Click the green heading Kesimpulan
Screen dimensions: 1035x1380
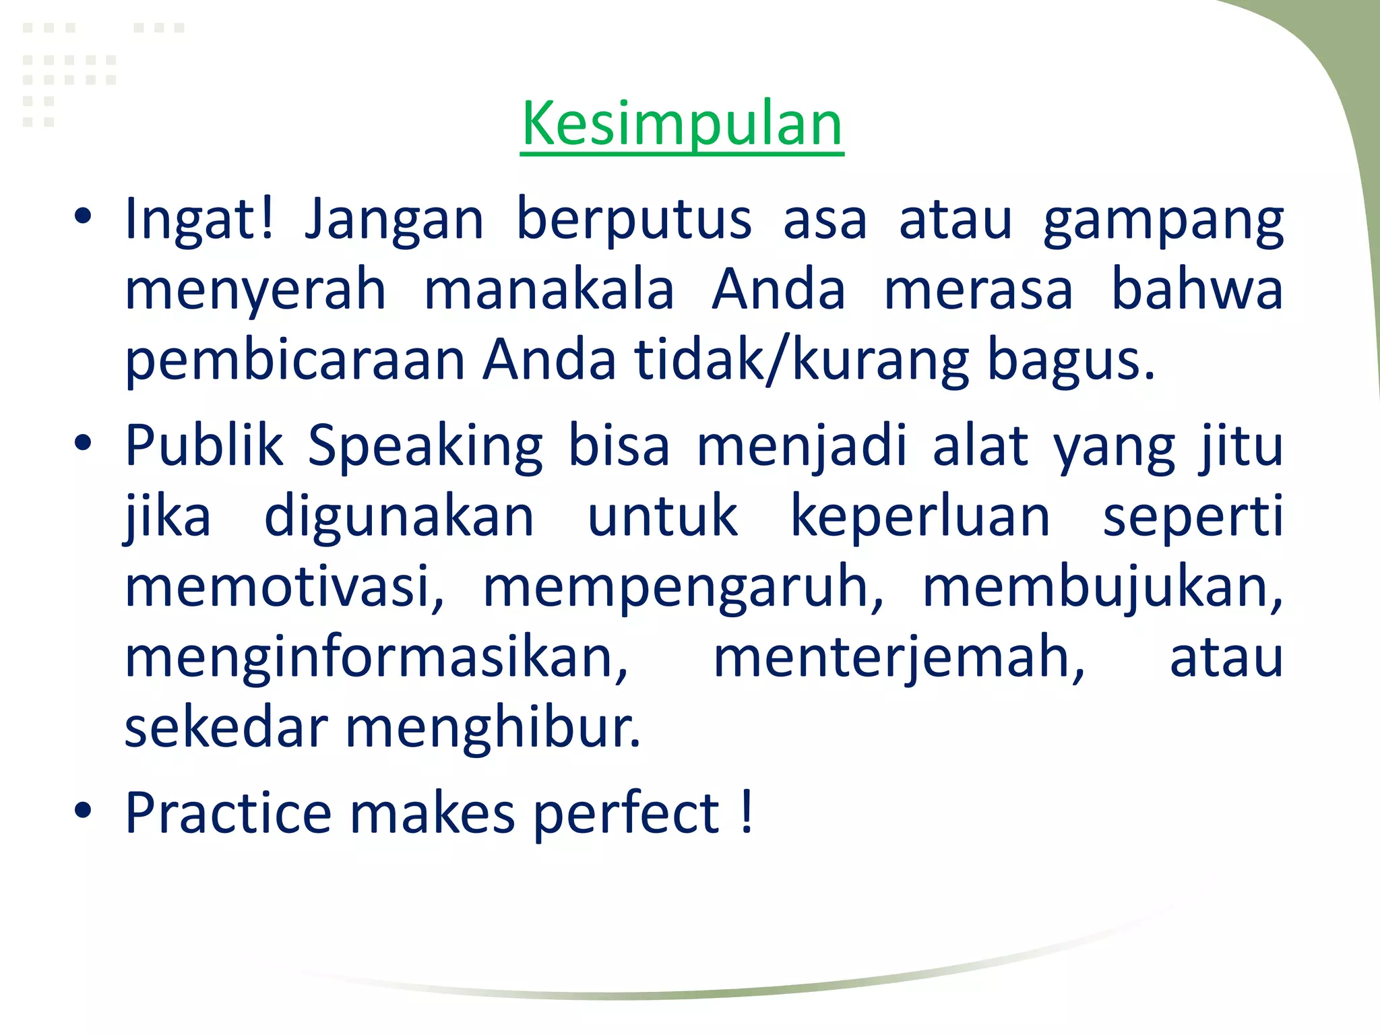[x=682, y=124]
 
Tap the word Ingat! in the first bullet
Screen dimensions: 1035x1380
[x=200, y=219]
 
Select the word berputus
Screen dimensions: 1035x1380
[x=633, y=219]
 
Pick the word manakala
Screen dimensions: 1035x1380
[x=549, y=290]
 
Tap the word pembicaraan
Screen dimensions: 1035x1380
[x=295, y=360]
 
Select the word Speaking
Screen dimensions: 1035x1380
[x=425, y=447]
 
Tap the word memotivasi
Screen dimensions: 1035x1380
[x=284, y=586]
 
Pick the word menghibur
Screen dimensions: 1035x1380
[x=493, y=729]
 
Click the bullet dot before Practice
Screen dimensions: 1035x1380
[x=83, y=811]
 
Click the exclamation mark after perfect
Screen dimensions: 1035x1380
[x=746, y=812]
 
